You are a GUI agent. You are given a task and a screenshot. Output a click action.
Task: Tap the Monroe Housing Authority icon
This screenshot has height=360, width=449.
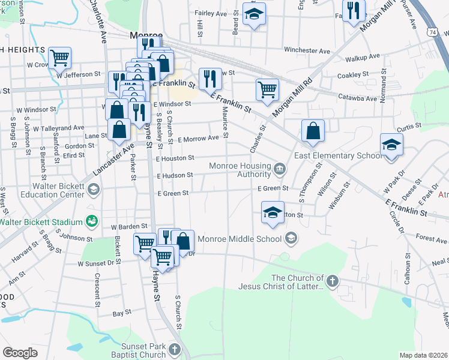coord(279,168)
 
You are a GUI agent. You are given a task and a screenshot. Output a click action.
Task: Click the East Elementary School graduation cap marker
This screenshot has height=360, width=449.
coord(391,145)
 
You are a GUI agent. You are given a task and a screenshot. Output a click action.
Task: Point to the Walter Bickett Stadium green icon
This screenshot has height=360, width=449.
coord(92,221)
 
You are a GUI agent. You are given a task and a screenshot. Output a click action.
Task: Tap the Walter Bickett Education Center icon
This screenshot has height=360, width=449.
coord(92,190)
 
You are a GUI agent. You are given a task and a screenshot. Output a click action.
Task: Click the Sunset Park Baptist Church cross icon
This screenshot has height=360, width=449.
coord(174,349)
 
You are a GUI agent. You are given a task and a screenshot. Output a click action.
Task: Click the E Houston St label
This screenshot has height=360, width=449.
coord(175,158)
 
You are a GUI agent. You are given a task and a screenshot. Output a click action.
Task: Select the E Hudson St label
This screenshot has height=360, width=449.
coord(175,176)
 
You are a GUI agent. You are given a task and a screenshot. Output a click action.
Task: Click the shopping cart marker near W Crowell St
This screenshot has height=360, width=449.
coord(59,58)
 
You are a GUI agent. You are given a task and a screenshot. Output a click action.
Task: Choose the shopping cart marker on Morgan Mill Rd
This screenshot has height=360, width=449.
coord(267,90)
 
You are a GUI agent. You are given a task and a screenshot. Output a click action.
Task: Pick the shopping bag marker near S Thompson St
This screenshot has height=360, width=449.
coord(313,130)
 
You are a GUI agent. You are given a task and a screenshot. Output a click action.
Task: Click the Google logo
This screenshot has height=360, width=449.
coord(20,353)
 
